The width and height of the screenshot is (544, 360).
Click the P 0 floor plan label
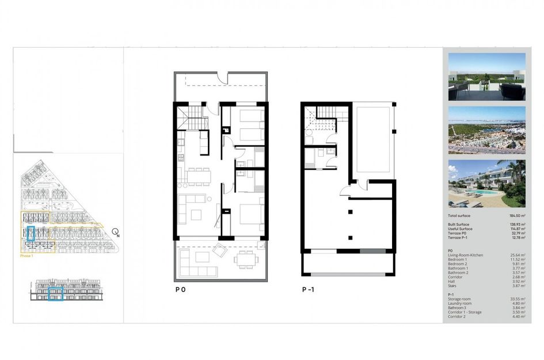pyautogui.click(x=180, y=290)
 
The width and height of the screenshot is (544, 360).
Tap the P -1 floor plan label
pyautogui.click(x=308, y=290)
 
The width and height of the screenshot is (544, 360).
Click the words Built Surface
pyautogui.click(x=459, y=223)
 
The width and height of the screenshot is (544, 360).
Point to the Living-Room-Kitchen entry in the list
pyautogui.click(x=466, y=255)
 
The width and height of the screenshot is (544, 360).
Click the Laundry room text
pyautogui.click(x=459, y=304)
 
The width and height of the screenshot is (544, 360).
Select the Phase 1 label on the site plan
pyautogui.click(x=26, y=256)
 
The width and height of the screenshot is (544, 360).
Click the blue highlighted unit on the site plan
pyautogui.click(x=32, y=236)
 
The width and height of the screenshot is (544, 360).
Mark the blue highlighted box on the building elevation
pyautogui.click(x=55, y=294)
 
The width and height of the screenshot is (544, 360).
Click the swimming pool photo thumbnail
pyautogui.click(x=486, y=183)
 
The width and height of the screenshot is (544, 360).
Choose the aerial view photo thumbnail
pyautogui.click(x=486, y=130)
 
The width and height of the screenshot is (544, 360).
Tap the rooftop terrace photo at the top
pyautogui.click(x=486, y=77)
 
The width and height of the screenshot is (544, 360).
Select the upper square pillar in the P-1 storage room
pyautogui.click(x=350, y=213)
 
